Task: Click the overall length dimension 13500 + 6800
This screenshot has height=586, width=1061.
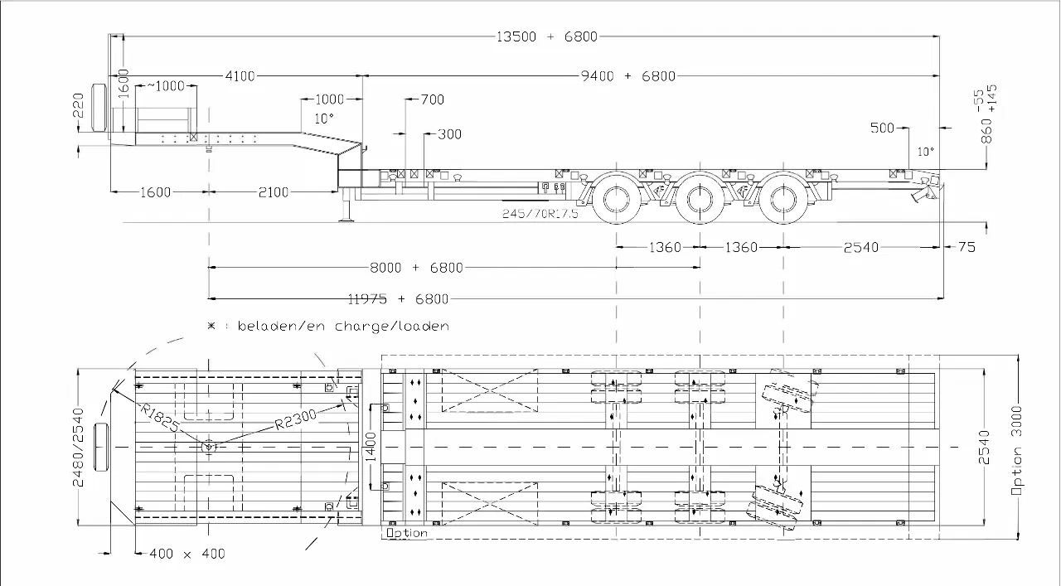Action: [x=546, y=36]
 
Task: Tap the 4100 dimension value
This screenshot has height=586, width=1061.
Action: [x=240, y=75]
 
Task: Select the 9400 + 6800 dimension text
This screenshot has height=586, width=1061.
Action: [x=628, y=75]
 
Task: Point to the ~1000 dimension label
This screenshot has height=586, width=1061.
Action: [x=166, y=85]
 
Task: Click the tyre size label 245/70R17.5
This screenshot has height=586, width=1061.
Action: [x=540, y=214]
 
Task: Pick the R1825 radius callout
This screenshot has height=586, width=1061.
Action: [x=159, y=418]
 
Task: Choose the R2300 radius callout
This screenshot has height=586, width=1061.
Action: [x=296, y=419]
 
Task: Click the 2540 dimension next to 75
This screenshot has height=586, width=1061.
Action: [x=861, y=247]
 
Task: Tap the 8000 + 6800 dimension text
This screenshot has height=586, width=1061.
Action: [x=416, y=268]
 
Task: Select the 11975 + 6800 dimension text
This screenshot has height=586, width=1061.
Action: [x=398, y=299]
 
